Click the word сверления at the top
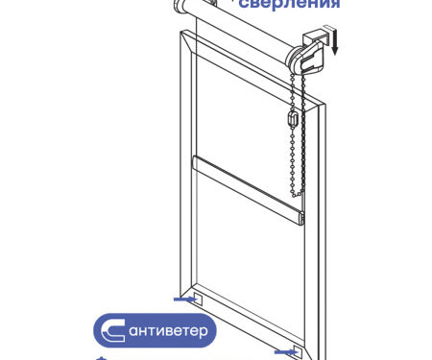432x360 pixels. [x=289, y=4]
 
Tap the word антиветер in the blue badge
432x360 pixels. [x=168, y=330]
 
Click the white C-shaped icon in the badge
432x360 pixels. [x=112, y=330]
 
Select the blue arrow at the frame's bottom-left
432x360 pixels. [x=185, y=300]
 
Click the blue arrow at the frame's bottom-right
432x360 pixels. [x=287, y=352]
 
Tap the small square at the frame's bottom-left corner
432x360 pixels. [x=197, y=299]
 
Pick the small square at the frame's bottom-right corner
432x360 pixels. [x=298, y=352]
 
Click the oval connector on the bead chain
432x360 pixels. [x=293, y=117]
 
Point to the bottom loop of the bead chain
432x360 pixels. [x=297, y=194]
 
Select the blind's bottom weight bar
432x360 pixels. [x=248, y=190]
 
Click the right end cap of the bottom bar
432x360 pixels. [x=300, y=218]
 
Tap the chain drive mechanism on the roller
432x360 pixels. [x=308, y=59]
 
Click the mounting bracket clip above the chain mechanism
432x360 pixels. [x=315, y=36]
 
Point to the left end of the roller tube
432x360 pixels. [x=180, y=6]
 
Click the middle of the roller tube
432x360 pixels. [x=240, y=27]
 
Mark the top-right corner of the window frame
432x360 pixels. [x=324, y=104]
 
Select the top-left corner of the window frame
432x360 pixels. [x=180, y=31]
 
